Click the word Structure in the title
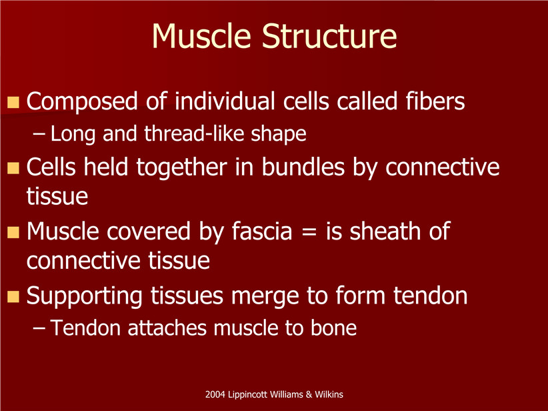(x=329, y=36)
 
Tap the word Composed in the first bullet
(x=82, y=102)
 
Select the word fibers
(x=435, y=101)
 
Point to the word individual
(x=225, y=101)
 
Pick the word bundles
(x=303, y=167)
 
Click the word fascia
(x=262, y=232)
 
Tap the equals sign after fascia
(x=309, y=232)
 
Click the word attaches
(x=167, y=328)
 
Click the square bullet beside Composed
(x=13, y=102)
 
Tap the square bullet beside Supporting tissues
(x=13, y=297)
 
